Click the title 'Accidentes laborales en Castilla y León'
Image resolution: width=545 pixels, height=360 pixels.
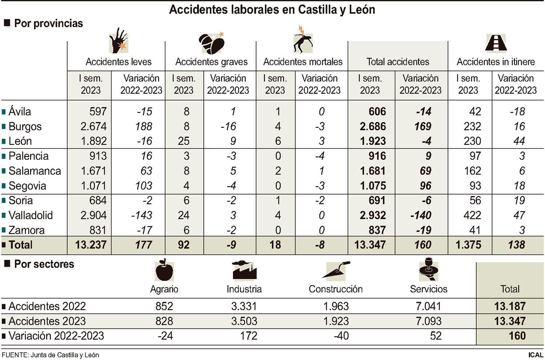[x=272, y=10]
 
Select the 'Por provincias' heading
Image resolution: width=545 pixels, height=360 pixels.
[x=48, y=24]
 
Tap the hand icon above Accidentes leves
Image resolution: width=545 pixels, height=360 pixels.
[x=118, y=40]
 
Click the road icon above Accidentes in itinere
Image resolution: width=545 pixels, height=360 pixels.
[x=496, y=42]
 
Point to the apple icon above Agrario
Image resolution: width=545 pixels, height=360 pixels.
[x=164, y=271]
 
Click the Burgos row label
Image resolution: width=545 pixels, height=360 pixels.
[x=25, y=127]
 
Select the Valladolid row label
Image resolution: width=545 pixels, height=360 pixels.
[x=31, y=215]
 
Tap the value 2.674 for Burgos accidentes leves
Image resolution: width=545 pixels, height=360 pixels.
[x=93, y=127]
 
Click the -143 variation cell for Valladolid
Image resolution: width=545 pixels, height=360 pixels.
[x=141, y=215]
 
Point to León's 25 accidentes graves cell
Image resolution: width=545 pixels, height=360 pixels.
[x=183, y=141]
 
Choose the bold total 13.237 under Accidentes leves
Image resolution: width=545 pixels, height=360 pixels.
[x=91, y=245]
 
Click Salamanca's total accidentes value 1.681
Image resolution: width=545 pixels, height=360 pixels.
[x=372, y=171]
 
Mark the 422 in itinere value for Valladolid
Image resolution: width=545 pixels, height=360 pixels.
[x=472, y=215]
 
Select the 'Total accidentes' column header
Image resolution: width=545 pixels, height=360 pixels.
[x=397, y=62]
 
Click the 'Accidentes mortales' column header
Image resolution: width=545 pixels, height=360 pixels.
[x=303, y=62]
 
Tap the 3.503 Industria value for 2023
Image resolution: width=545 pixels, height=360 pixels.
[x=244, y=321]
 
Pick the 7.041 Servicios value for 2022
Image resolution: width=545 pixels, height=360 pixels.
[x=428, y=306]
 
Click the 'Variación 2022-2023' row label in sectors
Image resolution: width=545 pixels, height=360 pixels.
[x=56, y=336]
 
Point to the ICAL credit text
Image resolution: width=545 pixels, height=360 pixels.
[x=536, y=355]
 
